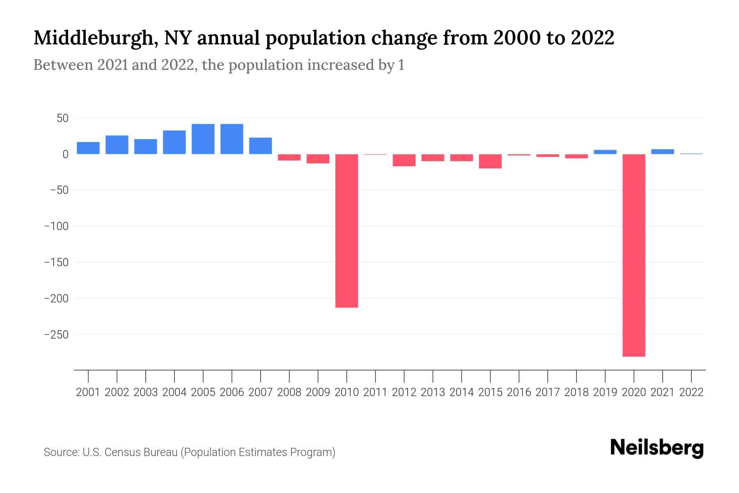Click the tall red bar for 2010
click(347, 230)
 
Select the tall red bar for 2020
click(634, 255)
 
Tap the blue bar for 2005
click(203, 139)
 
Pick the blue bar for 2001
click(88, 148)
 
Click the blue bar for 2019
click(605, 152)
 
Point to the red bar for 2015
click(490, 161)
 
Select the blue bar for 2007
click(260, 146)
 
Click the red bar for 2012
click(404, 160)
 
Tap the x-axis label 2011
click(375, 392)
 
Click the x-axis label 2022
click(691, 392)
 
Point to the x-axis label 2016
click(519, 392)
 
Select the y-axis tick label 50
click(62, 118)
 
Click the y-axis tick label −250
click(56, 335)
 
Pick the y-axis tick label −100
click(56, 226)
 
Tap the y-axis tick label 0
click(65, 154)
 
